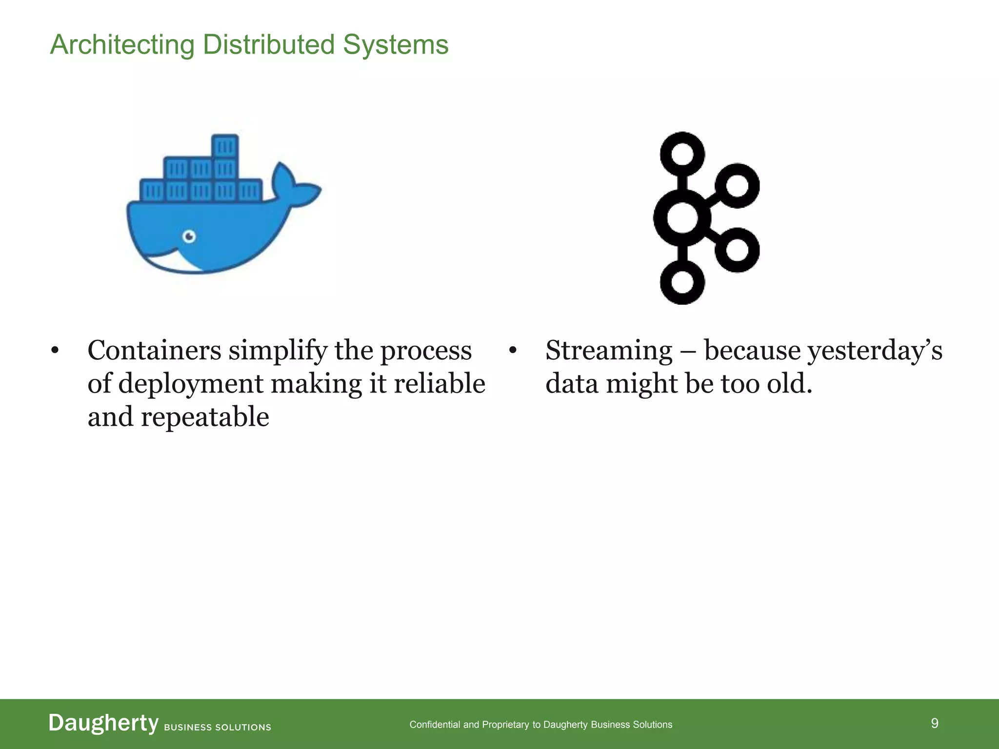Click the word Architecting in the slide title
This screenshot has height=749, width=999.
click(x=122, y=45)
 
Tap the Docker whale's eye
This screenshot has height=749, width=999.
click(x=189, y=237)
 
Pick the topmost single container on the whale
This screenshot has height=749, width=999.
click(x=225, y=146)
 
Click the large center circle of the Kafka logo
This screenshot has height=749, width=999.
click(x=682, y=218)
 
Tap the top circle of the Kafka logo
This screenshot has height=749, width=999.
click(x=682, y=154)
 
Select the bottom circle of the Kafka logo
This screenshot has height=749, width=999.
click(x=682, y=282)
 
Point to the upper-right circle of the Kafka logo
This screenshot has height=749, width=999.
click(x=737, y=186)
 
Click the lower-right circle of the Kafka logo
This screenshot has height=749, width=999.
click(x=737, y=250)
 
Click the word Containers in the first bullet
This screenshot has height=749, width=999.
click(x=154, y=351)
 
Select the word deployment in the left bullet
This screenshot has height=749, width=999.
click(x=190, y=384)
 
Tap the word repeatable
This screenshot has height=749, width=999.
click(x=205, y=417)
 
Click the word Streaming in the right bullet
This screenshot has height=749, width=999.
click(x=609, y=351)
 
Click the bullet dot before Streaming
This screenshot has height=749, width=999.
click(x=512, y=351)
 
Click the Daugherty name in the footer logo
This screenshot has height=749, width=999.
click(x=103, y=723)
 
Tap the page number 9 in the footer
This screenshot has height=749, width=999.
click(x=934, y=723)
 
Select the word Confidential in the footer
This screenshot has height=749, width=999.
click(x=435, y=725)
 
